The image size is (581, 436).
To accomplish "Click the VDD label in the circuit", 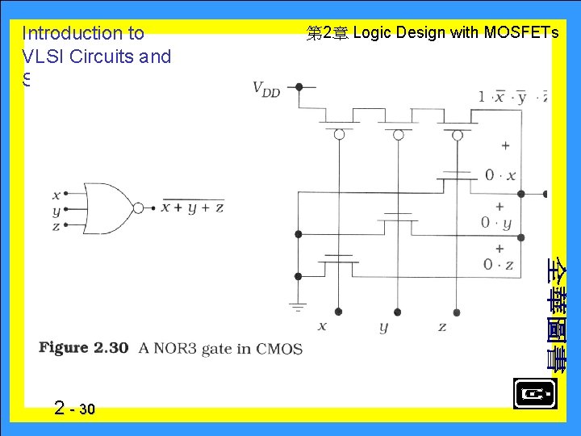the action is [x=266, y=89].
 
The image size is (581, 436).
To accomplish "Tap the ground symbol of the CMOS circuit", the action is [x=299, y=306].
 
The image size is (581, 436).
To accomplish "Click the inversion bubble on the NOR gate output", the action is [x=138, y=208].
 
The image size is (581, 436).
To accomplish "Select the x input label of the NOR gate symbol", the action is [x=56, y=195].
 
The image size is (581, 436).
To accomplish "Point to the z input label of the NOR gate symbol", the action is [x=56, y=227].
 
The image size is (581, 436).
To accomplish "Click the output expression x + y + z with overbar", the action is [x=193, y=208].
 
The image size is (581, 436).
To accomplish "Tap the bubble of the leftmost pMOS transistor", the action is [x=339, y=135].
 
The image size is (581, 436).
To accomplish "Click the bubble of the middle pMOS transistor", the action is [x=398, y=135].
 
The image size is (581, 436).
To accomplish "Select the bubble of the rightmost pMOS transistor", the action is [x=457, y=135].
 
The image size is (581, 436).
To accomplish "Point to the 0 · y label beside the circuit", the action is [x=496, y=223].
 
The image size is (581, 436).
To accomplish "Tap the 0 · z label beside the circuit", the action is [x=498, y=264].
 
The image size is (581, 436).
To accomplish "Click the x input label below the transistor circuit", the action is [x=322, y=326].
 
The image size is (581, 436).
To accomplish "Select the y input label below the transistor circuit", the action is [x=383, y=327].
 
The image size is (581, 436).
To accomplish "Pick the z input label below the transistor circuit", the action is [x=442, y=326].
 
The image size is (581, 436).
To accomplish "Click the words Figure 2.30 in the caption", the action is [x=84, y=348].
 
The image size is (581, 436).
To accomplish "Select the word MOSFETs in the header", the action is [x=521, y=33].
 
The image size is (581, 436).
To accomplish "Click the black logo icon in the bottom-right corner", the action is [x=534, y=394].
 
